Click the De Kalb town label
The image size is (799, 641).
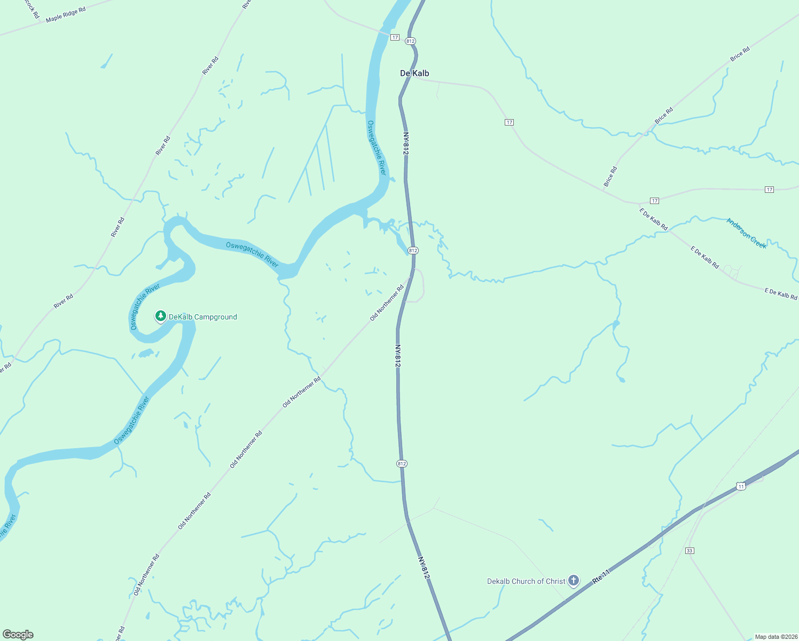click(x=414, y=73)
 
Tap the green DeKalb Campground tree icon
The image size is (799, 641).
click(x=160, y=316)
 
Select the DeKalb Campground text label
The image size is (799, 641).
click(x=203, y=317)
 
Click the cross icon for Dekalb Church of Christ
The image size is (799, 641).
click(x=573, y=580)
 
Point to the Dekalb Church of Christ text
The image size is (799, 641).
click(x=526, y=581)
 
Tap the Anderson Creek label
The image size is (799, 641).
click(x=747, y=233)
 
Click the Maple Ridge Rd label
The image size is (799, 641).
click(x=66, y=15)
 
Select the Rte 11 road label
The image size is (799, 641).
click(x=601, y=577)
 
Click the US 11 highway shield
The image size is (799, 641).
click(x=740, y=486)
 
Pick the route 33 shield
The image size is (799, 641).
click(x=690, y=551)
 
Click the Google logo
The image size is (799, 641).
click(x=18, y=635)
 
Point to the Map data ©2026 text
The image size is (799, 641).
click(x=775, y=637)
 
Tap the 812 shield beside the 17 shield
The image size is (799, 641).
click(x=410, y=41)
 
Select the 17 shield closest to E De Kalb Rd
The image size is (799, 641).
click(x=654, y=201)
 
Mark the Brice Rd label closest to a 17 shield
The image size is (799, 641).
click(x=610, y=177)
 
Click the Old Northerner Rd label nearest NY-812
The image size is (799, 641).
click(x=387, y=303)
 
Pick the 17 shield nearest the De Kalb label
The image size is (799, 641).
click(x=395, y=37)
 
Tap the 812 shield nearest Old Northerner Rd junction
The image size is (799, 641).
click(x=413, y=251)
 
